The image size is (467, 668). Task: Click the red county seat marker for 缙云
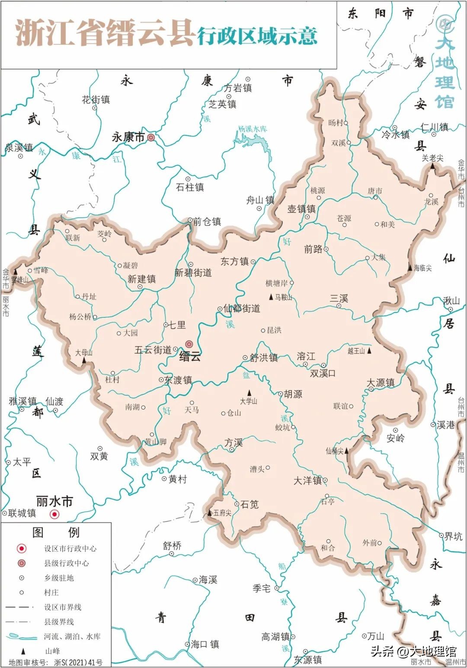click(189, 344)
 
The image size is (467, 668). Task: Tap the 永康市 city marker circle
click(150, 138)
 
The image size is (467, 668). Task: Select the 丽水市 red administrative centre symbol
click(54, 514)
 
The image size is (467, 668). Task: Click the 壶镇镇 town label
click(301, 209)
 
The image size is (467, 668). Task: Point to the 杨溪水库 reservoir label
click(253, 129)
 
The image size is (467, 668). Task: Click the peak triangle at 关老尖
click(432, 166)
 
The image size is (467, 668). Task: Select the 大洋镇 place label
click(307, 481)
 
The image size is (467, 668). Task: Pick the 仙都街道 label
click(242, 308)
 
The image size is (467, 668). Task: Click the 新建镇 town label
click(141, 279)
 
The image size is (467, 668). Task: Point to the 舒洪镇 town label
click(263, 358)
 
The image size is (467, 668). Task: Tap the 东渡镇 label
click(178, 380)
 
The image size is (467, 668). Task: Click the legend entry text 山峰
click(53, 651)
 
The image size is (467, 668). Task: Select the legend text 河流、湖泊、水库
click(72, 636)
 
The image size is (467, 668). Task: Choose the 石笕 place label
click(249, 504)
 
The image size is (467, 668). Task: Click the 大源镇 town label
click(381, 383)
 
